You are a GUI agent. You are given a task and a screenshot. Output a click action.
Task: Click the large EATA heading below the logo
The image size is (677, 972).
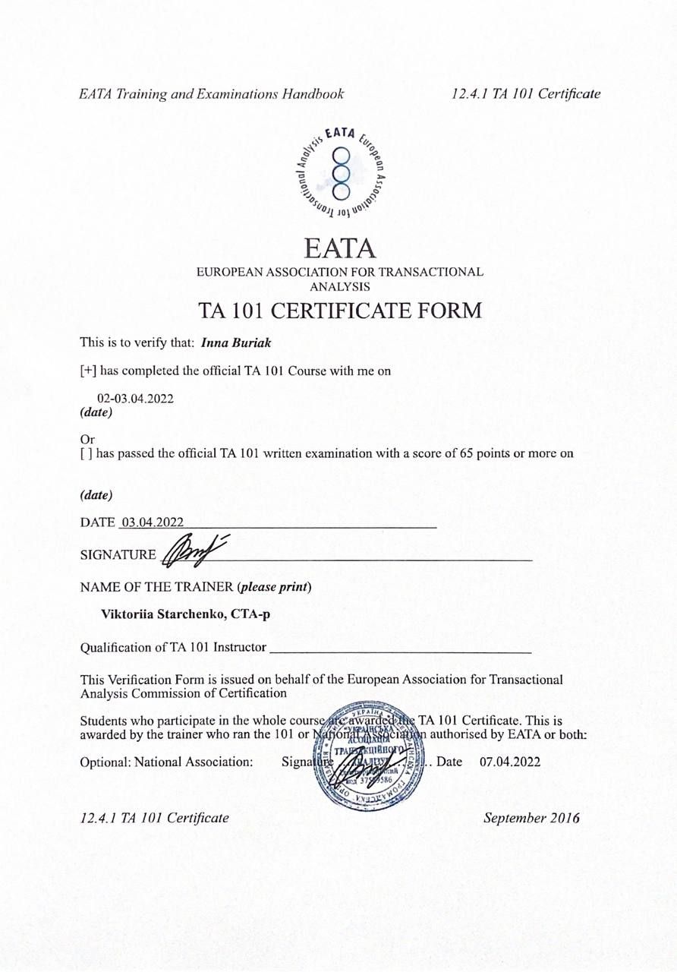pos(339,248)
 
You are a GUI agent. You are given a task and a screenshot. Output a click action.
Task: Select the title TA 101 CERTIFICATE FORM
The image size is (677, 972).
pos(339,311)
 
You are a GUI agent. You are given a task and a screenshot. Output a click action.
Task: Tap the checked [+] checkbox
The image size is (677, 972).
pos(88,371)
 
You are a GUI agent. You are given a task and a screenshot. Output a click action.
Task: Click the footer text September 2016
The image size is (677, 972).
pos(532,818)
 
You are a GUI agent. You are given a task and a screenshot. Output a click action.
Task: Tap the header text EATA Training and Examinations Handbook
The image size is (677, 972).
pos(212,94)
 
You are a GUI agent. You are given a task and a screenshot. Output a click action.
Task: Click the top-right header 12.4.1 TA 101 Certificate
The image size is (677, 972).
pos(525,94)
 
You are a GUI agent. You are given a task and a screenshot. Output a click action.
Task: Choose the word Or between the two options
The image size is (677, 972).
pos(87,440)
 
